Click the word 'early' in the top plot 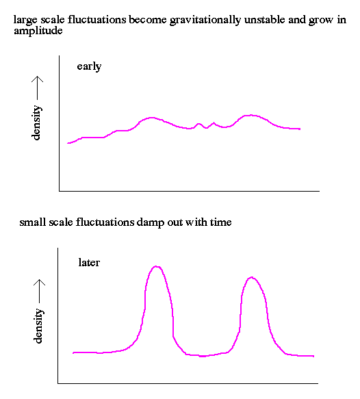tap(89, 66)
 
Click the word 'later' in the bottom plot tap(89, 262)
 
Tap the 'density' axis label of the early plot tap(36, 123)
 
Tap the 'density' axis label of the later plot tap(38, 326)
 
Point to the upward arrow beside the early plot tap(38, 88)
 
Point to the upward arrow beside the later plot tap(40, 291)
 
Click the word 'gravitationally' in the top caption tap(205, 20)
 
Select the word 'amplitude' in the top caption tap(38, 31)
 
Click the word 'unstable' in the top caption tap(264, 20)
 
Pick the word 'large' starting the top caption tap(25, 20)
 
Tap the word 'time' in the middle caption tap(220, 222)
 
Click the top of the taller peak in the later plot tap(156, 266)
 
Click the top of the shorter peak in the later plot tap(252, 277)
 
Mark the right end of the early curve tap(300, 129)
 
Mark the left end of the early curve tap(68, 143)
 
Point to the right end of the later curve tap(313, 356)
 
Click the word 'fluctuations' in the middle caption tap(105, 222)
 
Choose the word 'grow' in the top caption tap(321, 21)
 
